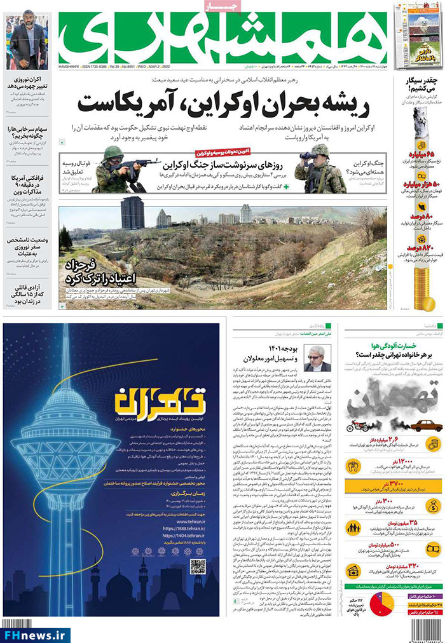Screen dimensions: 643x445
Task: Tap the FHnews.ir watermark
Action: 36,634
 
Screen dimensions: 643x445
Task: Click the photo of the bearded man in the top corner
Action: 27,41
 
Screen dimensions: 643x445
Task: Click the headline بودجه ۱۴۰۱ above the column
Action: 280,349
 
